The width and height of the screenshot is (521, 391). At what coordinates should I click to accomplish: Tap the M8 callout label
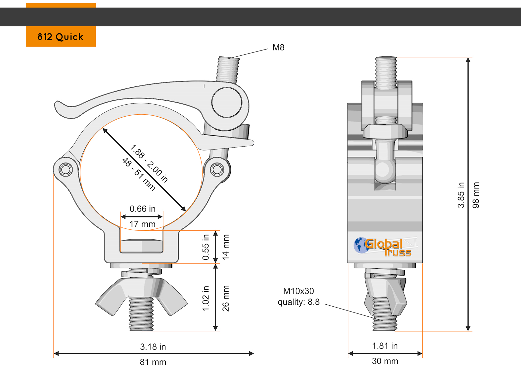click(x=278, y=48)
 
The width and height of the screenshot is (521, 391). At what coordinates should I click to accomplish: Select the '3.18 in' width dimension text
click(x=153, y=347)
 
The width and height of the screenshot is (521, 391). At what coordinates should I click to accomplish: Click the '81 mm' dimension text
click(x=153, y=362)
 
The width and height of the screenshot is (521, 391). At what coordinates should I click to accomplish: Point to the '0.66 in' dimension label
click(x=142, y=209)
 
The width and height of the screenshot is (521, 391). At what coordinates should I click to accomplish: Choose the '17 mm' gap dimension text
click(x=142, y=224)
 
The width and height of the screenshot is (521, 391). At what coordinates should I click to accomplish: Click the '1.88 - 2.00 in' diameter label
click(x=149, y=164)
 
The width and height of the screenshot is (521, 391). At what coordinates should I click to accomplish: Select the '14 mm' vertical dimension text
click(x=225, y=247)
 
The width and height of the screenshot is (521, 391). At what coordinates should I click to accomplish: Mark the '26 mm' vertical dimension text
click(x=225, y=298)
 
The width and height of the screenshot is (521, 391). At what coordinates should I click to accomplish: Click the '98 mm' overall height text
click(x=476, y=195)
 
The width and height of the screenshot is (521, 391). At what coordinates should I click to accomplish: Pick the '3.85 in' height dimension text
click(x=461, y=195)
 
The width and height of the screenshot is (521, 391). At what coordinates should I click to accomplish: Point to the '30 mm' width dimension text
click(x=385, y=361)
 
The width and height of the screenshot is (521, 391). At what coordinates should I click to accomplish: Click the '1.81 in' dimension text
click(x=385, y=346)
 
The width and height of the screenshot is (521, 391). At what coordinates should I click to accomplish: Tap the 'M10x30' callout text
click(x=299, y=291)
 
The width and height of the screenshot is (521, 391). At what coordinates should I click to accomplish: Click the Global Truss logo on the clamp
click(x=383, y=247)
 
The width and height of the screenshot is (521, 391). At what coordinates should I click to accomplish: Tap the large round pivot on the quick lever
click(x=227, y=102)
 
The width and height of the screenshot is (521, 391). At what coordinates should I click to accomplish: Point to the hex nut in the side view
click(x=385, y=131)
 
